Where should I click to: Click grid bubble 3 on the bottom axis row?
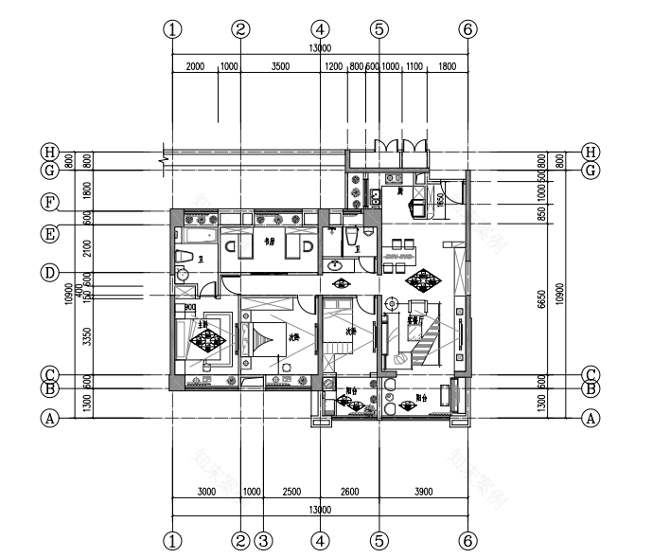pos(264,541)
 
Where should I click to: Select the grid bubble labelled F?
pos(49,202)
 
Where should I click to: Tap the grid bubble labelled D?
pos(49,273)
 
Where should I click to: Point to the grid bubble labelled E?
pos(49,232)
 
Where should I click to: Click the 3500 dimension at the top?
pos(280,68)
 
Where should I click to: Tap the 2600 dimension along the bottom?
pos(349,492)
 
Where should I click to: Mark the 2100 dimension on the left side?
pos(88,248)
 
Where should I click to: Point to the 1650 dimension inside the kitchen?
pos(441,200)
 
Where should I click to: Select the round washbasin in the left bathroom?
pos(183,276)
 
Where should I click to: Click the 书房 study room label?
pos(270,243)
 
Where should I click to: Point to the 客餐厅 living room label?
pos(414,320)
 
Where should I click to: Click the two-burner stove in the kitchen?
pos(395,177)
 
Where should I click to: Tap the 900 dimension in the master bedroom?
pos(190,308)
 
